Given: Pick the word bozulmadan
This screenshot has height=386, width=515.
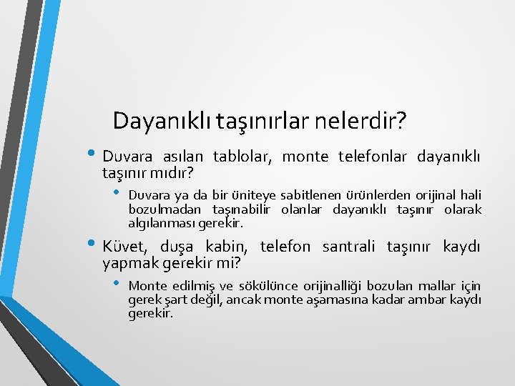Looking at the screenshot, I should pyautogui.click(x=165, y=209).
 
